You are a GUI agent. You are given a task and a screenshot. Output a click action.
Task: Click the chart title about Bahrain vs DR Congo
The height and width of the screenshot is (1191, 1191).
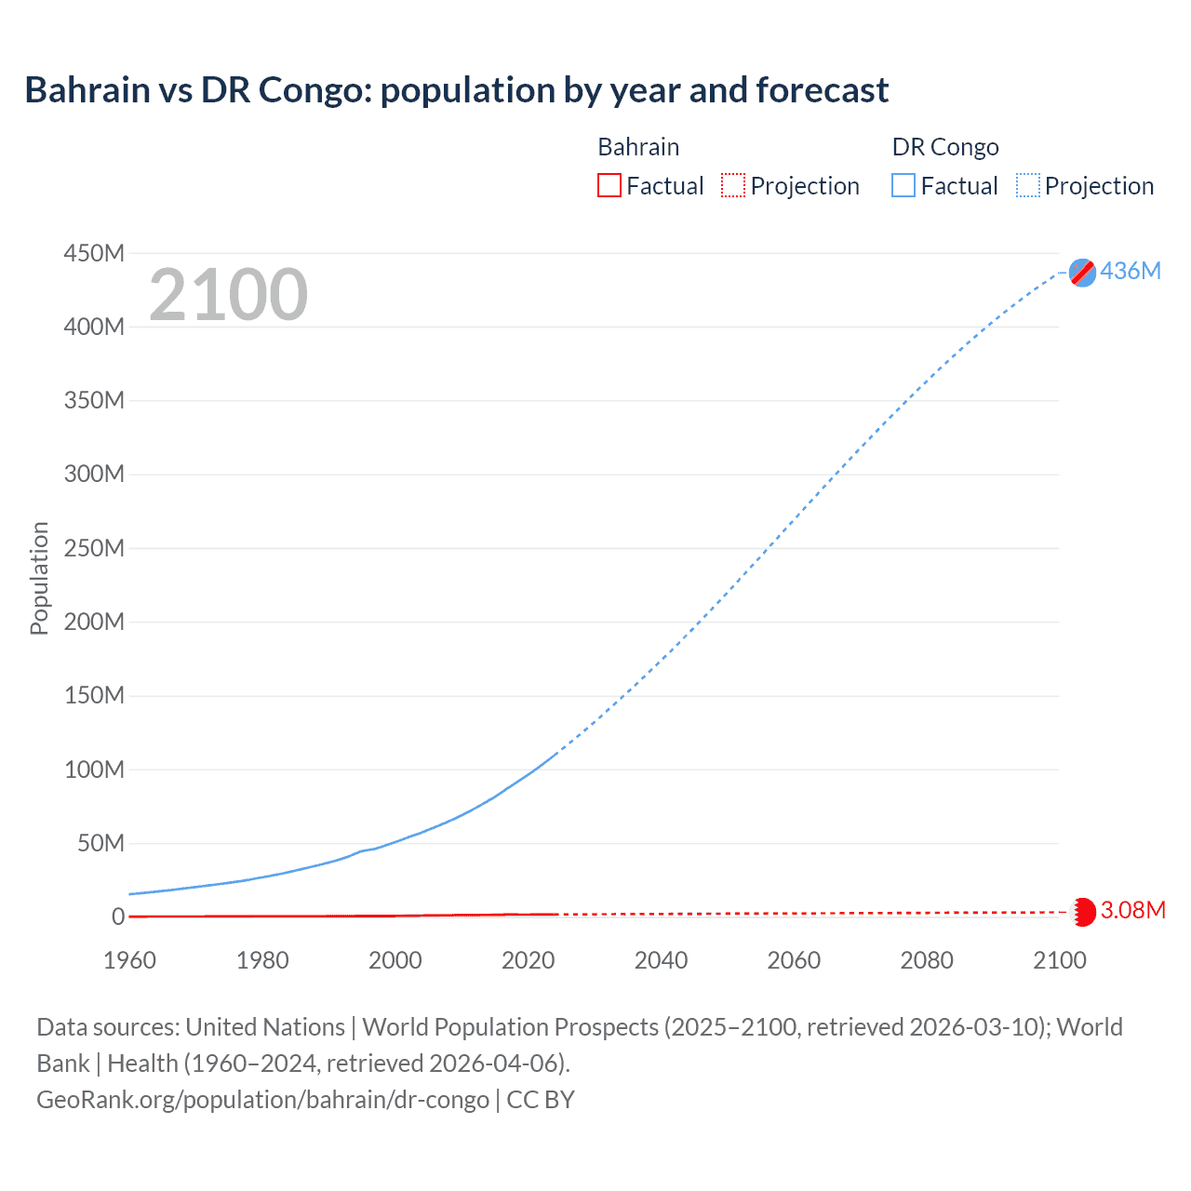pos(456,90)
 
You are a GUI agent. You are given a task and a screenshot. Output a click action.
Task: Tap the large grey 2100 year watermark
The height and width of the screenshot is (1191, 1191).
pos(228,295)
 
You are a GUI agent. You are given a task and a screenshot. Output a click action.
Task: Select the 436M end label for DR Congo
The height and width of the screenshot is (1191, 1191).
pos(1131,271)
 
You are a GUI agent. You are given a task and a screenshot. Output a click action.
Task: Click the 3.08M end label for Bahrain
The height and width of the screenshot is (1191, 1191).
pos(1132,910)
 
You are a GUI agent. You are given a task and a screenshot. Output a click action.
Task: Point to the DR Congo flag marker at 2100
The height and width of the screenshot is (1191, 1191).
pos(1082,272)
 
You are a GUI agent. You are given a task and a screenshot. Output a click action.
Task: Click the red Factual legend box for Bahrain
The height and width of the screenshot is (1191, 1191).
pos(609,185)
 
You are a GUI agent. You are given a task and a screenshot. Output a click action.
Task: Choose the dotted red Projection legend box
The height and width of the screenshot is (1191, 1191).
pos(733,185)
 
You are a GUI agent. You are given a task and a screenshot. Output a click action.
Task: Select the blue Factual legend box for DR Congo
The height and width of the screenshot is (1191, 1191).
pos(903,185)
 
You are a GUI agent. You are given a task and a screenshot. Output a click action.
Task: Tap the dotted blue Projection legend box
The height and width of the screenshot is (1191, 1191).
pos(1028,185)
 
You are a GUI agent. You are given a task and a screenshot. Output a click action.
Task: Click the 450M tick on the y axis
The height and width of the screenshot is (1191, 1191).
pos(94,253)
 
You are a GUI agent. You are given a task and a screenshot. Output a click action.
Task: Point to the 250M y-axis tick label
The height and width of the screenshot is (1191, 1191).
pos(94,548)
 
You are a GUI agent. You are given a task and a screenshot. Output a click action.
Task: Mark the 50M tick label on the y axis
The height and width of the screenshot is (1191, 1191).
pos(100,843)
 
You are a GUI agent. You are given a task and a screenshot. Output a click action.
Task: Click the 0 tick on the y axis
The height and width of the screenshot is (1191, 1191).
pos(118,917)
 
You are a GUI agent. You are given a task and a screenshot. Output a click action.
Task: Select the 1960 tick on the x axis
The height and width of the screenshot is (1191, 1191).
pos(129,960)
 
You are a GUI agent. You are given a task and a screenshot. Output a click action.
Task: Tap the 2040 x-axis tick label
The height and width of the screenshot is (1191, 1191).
pos(661,960)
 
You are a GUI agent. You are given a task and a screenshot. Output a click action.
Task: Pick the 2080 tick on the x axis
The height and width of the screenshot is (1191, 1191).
pos(927,960)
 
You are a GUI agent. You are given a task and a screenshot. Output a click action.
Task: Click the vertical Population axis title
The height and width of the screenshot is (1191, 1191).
pos(39,578)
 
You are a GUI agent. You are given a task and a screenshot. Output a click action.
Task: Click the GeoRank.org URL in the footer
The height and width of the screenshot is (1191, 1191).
pos(262,1100)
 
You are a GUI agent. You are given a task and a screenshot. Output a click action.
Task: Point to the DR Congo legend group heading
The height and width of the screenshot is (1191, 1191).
pos(945,147)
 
